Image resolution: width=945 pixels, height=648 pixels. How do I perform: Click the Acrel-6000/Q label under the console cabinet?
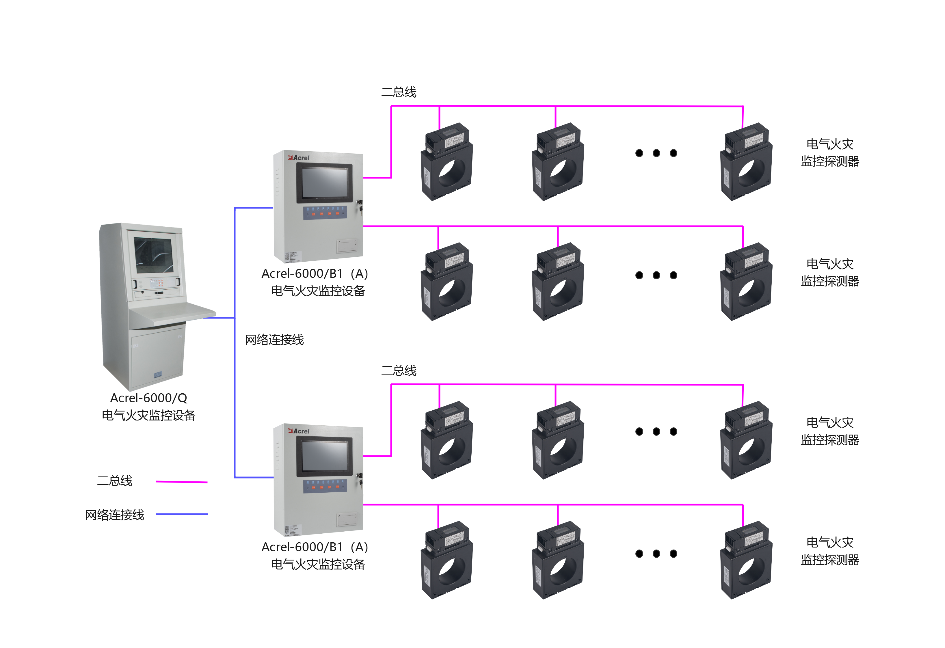[148, 398]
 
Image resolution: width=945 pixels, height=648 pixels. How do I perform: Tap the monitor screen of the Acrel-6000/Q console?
[154, 255]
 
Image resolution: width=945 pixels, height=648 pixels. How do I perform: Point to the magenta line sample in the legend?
[182, 482]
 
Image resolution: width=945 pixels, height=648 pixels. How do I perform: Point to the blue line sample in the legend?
[182, 514]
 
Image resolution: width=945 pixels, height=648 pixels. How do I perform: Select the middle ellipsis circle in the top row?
[656, 153]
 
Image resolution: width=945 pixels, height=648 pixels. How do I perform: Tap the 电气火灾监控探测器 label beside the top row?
[830, 153]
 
